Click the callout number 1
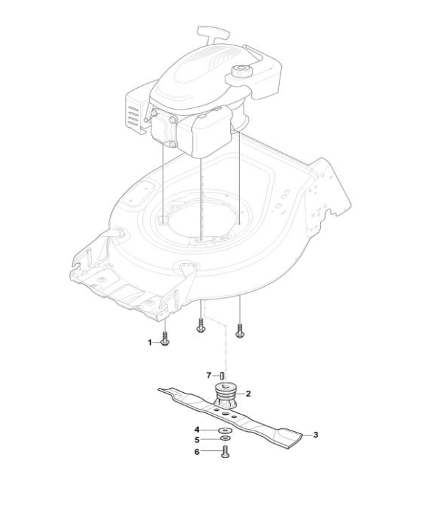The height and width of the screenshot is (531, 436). (150, 343)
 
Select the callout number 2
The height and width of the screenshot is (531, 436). (248, 394)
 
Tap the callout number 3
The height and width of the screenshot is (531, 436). (315, 435)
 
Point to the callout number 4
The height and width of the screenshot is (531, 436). (197, 430)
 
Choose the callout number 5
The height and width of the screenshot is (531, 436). (197, 440)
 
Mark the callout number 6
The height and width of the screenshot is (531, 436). (197, 451)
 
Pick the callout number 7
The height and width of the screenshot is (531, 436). (209, 375)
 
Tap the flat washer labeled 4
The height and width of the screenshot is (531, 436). (225, 430)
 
